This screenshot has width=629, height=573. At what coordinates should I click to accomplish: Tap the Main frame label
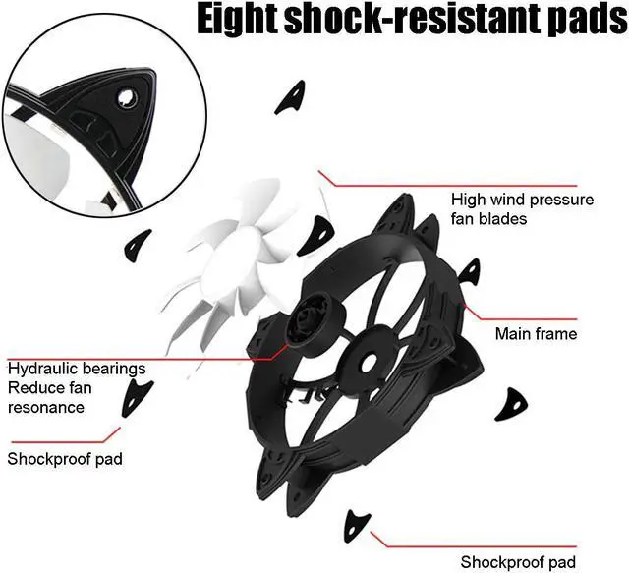[536, 334]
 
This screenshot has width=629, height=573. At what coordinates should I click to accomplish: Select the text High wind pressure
[522, 200]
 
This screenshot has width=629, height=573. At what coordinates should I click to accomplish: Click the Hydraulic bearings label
[77, 369]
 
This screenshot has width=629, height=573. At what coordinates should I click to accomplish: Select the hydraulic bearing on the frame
[313, 325]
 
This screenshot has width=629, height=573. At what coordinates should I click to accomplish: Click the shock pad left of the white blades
[139, 241]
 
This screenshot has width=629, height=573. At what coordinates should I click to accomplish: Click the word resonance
[46, 406]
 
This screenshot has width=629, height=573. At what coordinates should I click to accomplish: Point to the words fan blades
[488, 219]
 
